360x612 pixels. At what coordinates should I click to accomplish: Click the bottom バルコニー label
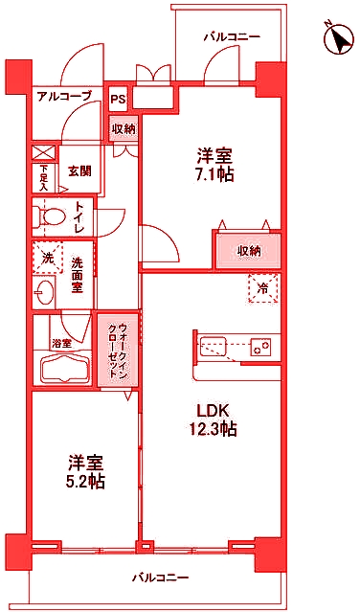(x=160, y=578)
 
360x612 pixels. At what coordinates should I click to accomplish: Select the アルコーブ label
(x=64, y=96)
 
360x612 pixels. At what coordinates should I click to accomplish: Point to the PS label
(x=118, y=99)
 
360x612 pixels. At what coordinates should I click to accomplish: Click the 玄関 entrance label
(x=79, y=171)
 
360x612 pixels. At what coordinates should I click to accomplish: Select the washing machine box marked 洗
(x=48, y=258)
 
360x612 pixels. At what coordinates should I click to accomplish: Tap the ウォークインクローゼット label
(x=118, y=350)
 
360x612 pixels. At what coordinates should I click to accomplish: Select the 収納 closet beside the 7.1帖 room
(x=249, y=251)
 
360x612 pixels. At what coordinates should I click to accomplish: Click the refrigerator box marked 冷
(x=262, y=287)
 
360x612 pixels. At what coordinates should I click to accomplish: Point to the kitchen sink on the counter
(x=213, y=346)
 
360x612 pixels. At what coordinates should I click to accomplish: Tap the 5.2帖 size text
(x=84, y=482)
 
